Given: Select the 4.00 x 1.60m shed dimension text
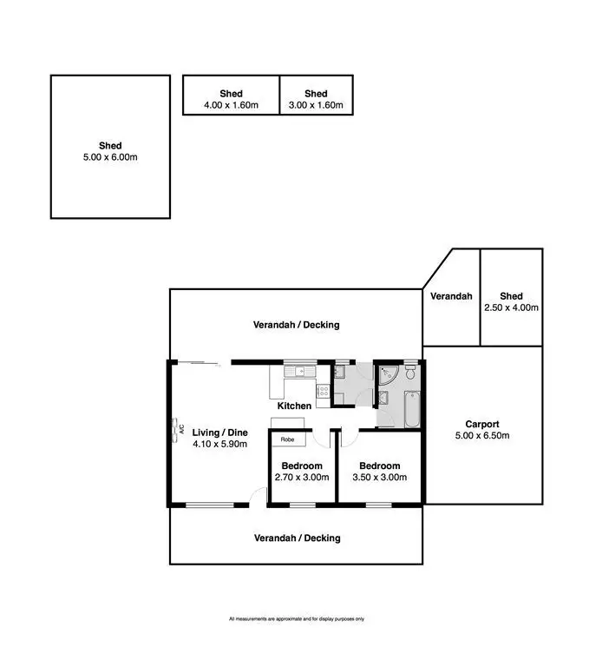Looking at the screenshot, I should (231, 106).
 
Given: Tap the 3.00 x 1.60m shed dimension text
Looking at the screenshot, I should (316, 106).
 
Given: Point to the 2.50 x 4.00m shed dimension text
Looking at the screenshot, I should (512, 307).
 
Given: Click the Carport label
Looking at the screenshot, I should (481, 424).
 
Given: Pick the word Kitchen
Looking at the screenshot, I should (294, 406).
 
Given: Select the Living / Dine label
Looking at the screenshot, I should (219, 432).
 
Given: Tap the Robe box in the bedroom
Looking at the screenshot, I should (286, 439).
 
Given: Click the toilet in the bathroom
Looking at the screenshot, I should (410, 373).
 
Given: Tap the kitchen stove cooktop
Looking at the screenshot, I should (323, 391).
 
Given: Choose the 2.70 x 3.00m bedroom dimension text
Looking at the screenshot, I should (302, 478).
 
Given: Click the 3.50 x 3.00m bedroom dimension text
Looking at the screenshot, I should (380, 478).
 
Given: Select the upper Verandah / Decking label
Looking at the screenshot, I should (296, 325).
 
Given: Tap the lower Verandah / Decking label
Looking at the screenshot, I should (297, 538).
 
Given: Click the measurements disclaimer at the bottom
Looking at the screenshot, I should (296, 619).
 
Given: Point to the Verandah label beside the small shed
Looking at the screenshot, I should (451, 296).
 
